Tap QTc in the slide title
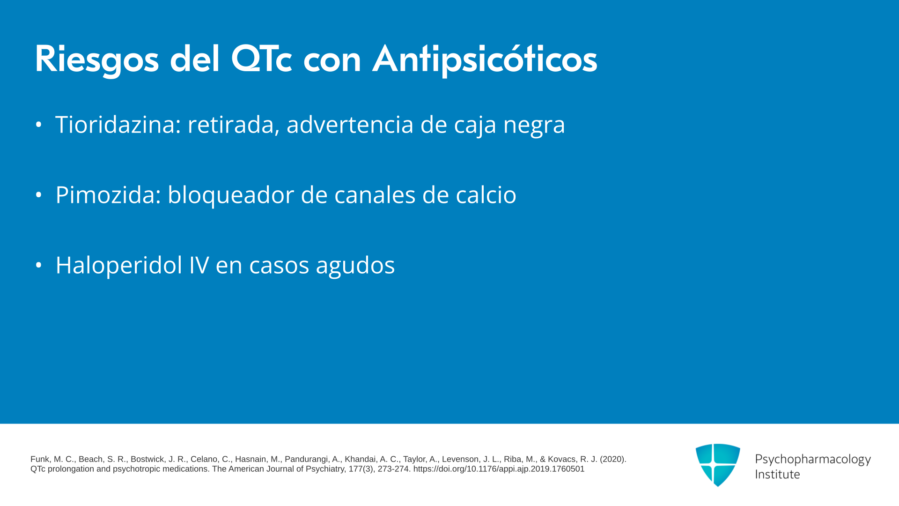tap(261, 60)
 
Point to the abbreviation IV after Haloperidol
tap(199, 265)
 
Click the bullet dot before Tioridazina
tap(39, 125)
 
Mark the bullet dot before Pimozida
tap(39, 195)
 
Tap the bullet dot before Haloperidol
tap(39, 265)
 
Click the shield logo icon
tap(718, 465)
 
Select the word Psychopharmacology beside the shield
tap(813, 460)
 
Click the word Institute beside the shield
tap(777, 474)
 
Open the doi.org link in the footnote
tap(499, 469)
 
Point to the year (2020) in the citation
tap(613, 459)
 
